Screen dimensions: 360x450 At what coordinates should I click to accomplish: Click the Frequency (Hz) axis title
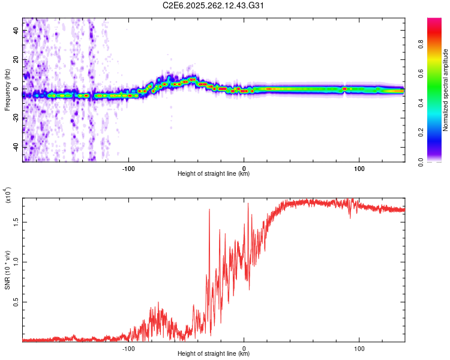[x=7, y=90]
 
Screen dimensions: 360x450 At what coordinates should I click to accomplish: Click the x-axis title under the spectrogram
[x=214, y=174]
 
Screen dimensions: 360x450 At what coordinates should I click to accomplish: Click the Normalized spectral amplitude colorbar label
[x=445, y=90]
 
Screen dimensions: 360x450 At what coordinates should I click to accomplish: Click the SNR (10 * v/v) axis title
[x=7, y=270]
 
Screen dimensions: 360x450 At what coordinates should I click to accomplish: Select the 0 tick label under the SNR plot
[x=244, y=347]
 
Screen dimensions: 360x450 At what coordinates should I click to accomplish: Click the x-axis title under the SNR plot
[x=214, y=354]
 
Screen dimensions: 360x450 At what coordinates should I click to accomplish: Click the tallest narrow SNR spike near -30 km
[x=209, y=210]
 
